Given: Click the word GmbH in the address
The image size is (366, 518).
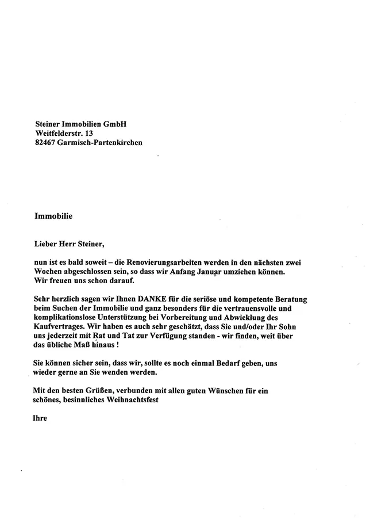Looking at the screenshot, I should click(x=114, y=124).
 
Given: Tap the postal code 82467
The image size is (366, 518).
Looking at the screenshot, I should click(x=45, y=142).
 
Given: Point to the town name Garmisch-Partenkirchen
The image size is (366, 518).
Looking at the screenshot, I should click(x=99, y=142).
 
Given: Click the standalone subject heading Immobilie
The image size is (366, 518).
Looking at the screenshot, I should click(x=53, y=217).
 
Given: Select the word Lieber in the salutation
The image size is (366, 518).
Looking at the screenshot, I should click(x=47, y=245).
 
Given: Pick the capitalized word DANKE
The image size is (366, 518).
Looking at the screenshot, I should click(x=136, y=299).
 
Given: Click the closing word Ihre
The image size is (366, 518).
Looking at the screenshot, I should click(x=40, y=418).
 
